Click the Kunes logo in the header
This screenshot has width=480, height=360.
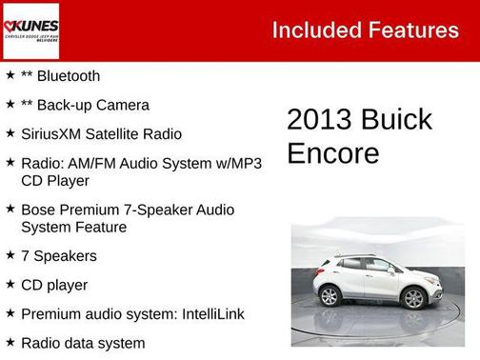pos(30,30)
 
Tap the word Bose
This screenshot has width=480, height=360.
pos(39,210)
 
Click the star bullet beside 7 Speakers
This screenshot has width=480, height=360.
pos(10,255)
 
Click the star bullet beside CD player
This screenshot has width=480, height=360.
pos(10,284)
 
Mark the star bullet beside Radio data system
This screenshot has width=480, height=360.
pos(10,342)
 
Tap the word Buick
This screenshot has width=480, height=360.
pos(395,120)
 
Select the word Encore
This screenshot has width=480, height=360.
pos(332,153)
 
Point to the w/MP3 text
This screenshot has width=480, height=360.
pos(235,163)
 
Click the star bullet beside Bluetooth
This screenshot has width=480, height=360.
pos(10,75)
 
